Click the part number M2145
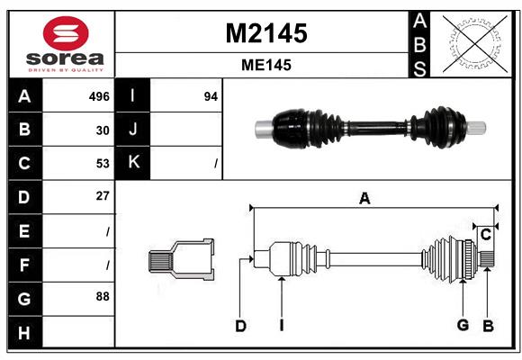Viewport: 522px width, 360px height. [265, 33]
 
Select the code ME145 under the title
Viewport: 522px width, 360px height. [265, 65]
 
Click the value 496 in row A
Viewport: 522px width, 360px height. [98, 96]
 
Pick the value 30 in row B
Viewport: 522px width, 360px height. [103, 130]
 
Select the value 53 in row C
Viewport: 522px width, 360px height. [103, 163]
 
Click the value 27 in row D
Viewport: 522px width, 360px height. [103, 196]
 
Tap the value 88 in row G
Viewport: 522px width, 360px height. [103, 296]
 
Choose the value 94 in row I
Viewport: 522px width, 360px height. [211, 96]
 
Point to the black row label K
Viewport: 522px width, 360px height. [133, 163]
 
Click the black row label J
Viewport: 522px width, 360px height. [133, 130]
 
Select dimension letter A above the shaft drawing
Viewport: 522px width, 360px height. [364, 199]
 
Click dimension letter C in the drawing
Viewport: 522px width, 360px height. [485, 234]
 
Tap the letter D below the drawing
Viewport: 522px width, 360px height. [240, 326]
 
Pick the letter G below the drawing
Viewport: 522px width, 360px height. [463, 326]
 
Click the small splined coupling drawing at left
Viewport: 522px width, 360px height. [181, 260]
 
